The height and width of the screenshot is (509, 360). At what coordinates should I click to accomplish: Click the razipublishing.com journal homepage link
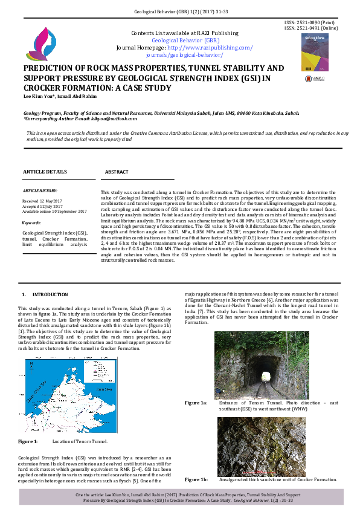210,47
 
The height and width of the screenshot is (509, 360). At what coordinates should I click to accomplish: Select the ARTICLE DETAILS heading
45,172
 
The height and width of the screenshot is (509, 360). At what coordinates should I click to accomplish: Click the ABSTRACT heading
117,172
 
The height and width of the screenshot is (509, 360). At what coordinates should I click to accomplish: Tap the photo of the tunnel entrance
261,365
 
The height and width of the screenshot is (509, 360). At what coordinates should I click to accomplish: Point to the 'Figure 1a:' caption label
196,403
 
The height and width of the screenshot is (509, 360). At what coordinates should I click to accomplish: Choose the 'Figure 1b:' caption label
196,479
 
